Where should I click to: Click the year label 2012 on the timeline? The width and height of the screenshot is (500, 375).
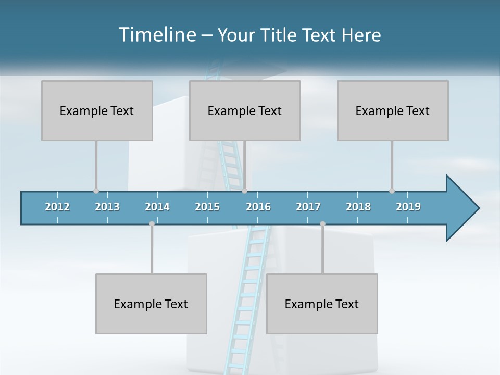[57, 207]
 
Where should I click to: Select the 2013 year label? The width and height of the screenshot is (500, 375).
[107, 207]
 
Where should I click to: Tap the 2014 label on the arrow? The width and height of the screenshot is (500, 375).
[157, 207]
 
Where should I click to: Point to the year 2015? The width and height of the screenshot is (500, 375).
[207, 207]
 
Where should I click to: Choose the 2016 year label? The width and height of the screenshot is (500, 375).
[258, 207]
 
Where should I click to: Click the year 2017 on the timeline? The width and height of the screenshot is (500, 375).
[308, 207]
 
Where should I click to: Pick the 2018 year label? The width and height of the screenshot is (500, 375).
[358, 207]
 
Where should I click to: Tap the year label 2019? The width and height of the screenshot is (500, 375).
[408, 207]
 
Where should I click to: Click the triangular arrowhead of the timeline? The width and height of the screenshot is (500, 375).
[461, 208]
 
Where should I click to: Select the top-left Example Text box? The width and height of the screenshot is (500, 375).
[97, 110]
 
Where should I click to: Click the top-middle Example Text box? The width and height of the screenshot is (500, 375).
[245, 110]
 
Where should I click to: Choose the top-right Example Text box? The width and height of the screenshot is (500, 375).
[393, 110]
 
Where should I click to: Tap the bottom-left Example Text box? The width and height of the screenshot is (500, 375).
[151, 304]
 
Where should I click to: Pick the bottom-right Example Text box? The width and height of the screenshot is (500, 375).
[322, 304]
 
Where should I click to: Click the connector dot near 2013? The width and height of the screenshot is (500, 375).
[96, 191]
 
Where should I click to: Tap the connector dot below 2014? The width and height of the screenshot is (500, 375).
[152, 223]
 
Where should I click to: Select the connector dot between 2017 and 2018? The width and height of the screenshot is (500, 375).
[322, 223]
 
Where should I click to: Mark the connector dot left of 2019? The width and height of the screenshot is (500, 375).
[392, 191]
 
